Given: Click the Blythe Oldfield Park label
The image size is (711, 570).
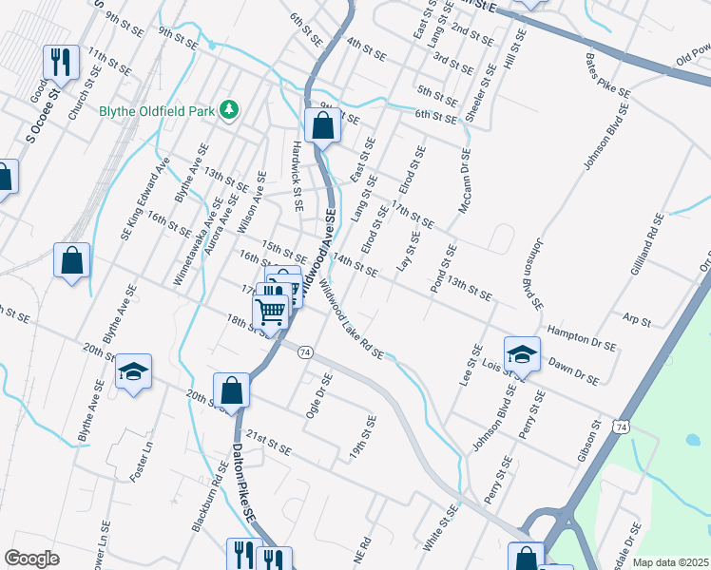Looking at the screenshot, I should (157, 110).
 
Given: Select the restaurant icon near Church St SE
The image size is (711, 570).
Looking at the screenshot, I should (60, 63).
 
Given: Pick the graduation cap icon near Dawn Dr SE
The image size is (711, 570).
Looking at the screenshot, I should (521, 354).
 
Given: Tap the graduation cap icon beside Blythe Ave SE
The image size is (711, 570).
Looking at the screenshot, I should (133, 371).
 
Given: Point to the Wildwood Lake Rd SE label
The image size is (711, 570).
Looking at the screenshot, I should (351, 319).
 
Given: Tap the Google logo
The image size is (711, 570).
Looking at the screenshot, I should (31, 558).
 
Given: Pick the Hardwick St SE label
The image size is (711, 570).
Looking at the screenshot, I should (298, 176).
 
